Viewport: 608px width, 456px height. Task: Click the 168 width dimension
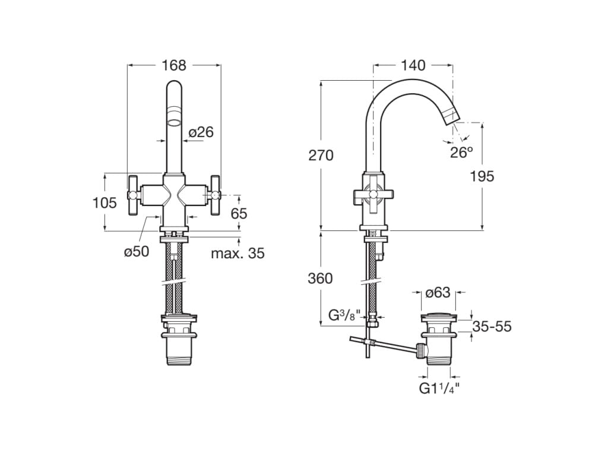(174, 65)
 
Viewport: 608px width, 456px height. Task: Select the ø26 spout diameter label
(201, 132)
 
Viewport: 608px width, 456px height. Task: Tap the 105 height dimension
(104, 203)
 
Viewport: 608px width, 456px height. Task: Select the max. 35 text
(237, 254)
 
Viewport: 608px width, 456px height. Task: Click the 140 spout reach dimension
(413, 65)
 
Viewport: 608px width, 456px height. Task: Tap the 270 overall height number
(321, 156)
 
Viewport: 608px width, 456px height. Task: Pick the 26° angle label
(461, 152)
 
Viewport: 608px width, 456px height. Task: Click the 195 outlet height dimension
(482, 176)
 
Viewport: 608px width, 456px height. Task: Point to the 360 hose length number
(321, 278)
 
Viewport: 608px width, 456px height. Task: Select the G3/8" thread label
(344, 315)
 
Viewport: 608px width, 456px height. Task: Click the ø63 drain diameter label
(438, 292)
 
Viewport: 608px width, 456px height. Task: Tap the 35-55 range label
(492, 327)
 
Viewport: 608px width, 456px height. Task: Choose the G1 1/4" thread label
(439, 389)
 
